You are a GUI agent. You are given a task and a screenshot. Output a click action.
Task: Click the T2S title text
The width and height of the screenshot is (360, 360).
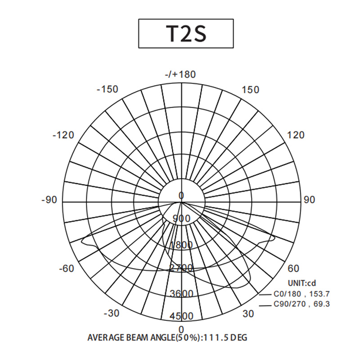point(186,33)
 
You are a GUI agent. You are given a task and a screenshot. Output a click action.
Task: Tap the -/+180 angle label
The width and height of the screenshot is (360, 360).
point(180,74)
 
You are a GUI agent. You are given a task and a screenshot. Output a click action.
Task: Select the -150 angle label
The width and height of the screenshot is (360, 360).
point(108,89)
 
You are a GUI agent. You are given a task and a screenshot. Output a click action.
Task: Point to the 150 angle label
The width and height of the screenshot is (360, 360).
point(251,90)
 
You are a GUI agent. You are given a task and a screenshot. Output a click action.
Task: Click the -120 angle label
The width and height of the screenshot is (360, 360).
point(63,135)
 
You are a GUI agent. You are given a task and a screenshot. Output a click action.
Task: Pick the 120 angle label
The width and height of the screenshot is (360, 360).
point(296,135)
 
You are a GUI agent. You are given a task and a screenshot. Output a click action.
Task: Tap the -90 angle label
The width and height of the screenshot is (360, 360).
point(49,200)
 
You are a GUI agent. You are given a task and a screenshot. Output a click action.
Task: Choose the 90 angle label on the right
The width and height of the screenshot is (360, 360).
point(310,200)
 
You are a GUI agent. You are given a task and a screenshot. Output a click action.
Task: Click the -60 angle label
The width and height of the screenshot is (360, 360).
point(67,268)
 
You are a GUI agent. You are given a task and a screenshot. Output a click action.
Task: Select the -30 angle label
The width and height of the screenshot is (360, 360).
point(112,313)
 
